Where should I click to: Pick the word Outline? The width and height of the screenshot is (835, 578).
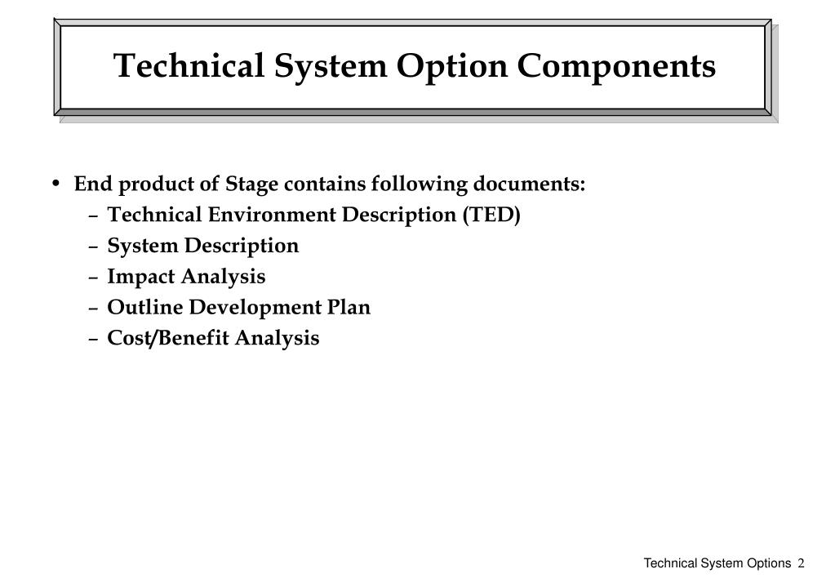[x=144, y=308]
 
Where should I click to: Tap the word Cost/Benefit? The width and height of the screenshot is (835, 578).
[x=168, y=338]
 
